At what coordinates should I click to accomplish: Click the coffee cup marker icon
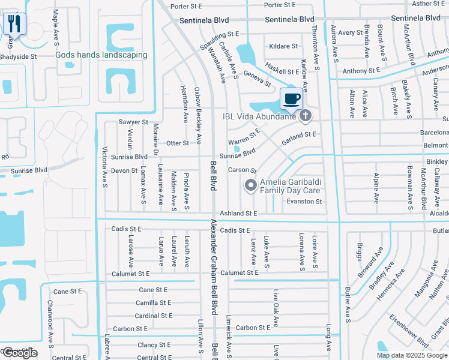(292, 98)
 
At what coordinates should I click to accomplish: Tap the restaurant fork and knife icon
(13, 24)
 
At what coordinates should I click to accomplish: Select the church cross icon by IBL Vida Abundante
(306, 116)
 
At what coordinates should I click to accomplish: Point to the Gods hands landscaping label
(101, 55)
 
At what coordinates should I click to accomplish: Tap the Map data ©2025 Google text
(412, 355)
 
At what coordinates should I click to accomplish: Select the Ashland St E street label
(238, 213)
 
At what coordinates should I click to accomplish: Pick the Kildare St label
(284, 46)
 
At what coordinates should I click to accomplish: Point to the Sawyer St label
(133, 122)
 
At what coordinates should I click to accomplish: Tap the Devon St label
(124, 170)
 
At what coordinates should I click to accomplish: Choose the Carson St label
(243, 170)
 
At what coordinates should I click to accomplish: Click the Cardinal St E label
(154, 316)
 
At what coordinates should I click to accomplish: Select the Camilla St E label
(154, 303)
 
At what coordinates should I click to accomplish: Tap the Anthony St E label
(361, 71)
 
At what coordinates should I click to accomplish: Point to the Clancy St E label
(154, 345)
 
